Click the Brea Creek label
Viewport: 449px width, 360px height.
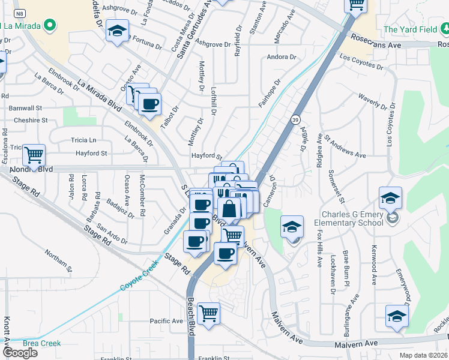41,343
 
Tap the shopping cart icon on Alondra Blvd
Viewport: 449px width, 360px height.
34,155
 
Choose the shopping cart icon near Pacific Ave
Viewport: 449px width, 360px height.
208,313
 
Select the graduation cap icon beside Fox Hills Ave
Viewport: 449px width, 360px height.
292,226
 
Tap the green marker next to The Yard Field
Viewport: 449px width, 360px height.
444,29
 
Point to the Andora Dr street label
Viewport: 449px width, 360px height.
282,57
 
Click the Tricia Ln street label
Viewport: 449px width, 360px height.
83,140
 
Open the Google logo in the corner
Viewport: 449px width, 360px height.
20,353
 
